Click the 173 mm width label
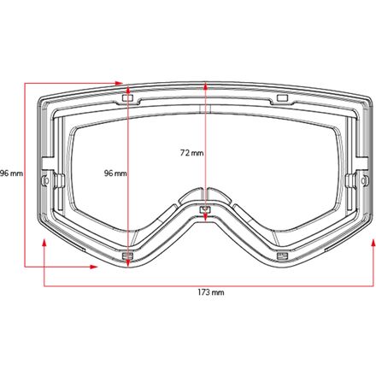pos(210,293)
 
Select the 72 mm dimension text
pos(191,153)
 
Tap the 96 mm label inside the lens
pos(115,173)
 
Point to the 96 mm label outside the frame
pos(11,173)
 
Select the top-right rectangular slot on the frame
pos(280,99)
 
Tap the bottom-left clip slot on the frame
pos(128,256)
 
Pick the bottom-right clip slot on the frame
pos(280,256)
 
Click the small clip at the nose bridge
pos(204,209)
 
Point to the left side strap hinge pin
pos(57,178)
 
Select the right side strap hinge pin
pos(351,178)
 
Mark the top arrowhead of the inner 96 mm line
pos(128,86)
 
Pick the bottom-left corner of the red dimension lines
pos(26,266)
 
